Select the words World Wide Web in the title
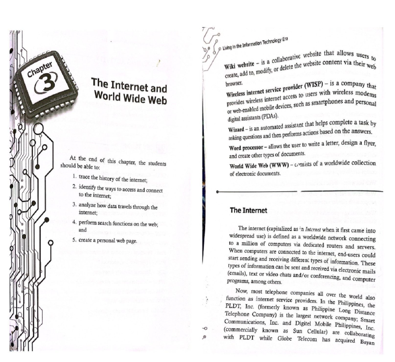130,98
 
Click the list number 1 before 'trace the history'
75,176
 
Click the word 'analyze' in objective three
87,205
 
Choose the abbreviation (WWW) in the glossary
279,165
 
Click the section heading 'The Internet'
248,210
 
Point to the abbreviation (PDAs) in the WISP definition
270,116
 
